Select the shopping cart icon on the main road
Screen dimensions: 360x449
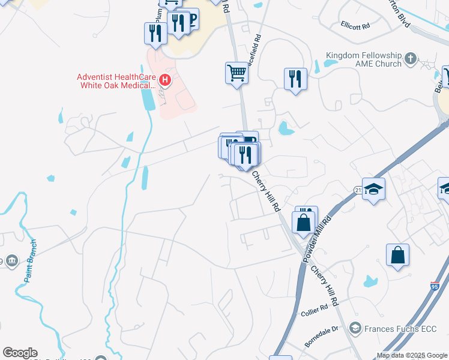click(x=237, y=73)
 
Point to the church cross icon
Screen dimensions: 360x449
click(x=411, y=58)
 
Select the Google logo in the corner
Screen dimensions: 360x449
click(x=20, y=353)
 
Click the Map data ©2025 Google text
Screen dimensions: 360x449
click(x=412, y=355)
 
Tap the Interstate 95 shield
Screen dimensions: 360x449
click(x=434, y=286)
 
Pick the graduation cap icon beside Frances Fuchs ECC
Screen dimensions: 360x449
click(x=355, y=328)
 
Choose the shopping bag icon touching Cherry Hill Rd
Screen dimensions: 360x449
click(x=304, y=221)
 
